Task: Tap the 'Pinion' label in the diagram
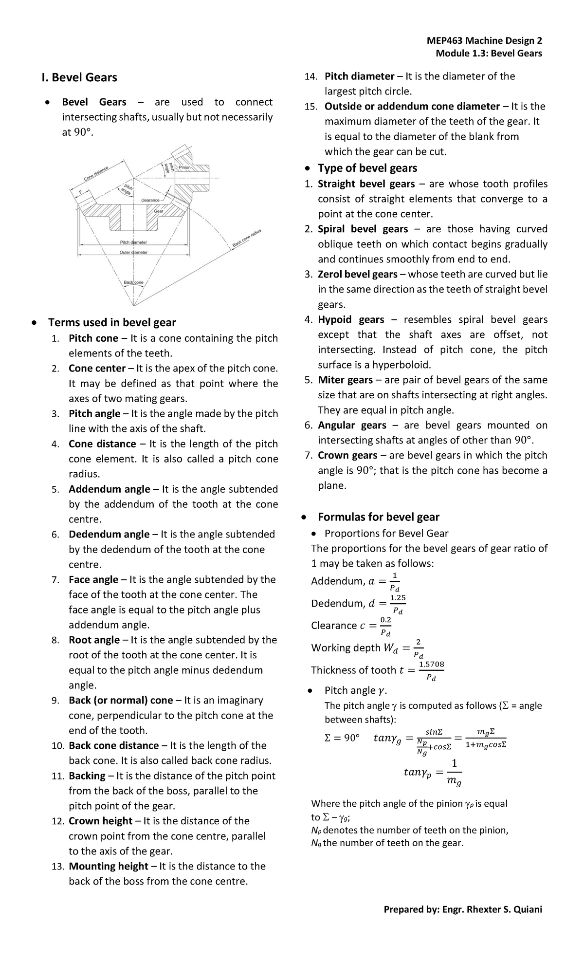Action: pyautogui.click(x=185, y=167)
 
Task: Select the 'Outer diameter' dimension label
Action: pyautogui.click(x=133, y=252)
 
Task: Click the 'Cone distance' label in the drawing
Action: pyautogui.click(x=96, y=173)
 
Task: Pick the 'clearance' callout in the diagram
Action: pyautogui.click(x=150, y=200)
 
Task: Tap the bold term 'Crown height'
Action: pyautogui.click(x=100, y=821)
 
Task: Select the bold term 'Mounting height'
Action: pyautogui.click(x=108, y=866)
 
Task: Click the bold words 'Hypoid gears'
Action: pyautogui.click(x=350, y=319)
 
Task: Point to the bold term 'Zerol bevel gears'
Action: pyautogui.click(x=357, y=274)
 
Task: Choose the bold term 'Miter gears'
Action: pyautogui.click(x=345, y=380)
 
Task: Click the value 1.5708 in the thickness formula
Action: pyautogui.click(x=431, y=664)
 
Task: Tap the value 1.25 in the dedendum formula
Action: pyautogui.click(x=398, y=597)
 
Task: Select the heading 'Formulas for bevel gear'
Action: pyautogui.click(x=378, y=517)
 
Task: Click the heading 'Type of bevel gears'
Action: pyautogui.click(x=367, y=168)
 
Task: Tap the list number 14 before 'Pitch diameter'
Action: pyautogui.click(x=310, y=76)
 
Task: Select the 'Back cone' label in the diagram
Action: pyautogui.click(x=133, y=282)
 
